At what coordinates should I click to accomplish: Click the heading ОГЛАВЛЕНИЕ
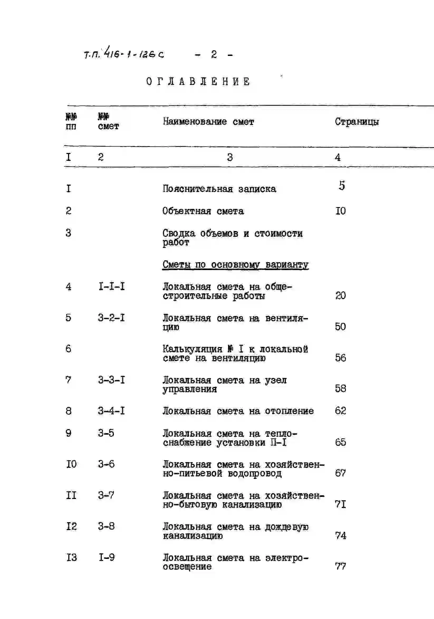pyautogui.click(x=198, y=81)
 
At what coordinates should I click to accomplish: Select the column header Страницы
pyautogui.click(x=357, y=122)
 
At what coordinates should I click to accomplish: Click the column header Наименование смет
pyautogui.click(x=208, y=122)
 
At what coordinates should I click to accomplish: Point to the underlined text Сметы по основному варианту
pyautogui.click(x=235, y=265)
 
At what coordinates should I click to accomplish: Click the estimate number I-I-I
pyautogui.click(x=112, y=286)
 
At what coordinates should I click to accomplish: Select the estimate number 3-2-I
pyautogui.click(x=111, y=318)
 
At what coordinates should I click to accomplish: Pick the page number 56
pyautogui.click(x=340, y=358)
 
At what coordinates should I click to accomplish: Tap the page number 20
pyautogui.click(x=340, y=296)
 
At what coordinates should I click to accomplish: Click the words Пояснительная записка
pyautogui.click(x=219, y=189)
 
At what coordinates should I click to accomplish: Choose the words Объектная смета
pyautogui.click(x=203, y=211)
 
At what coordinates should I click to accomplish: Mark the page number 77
pyautogui.click(x=340, y=566)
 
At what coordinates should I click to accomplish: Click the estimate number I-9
pyautogui.click(x=107, y=557)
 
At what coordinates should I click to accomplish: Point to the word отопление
pyautogui.click(x=289, y=411)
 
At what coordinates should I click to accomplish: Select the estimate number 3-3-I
pyautogui.click(x=111, y=380)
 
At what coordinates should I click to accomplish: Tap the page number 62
pyautogui.click(x=340, y=411)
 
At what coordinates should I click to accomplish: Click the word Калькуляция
pyautogui.click(x=192, y=349)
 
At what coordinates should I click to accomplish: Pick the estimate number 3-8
pyautogui.click(x=106, y=526)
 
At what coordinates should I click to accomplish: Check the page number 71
pyautogui.click(x=340, y=504)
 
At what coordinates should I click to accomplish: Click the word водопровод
pyautogui.click(x=254, y=474)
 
